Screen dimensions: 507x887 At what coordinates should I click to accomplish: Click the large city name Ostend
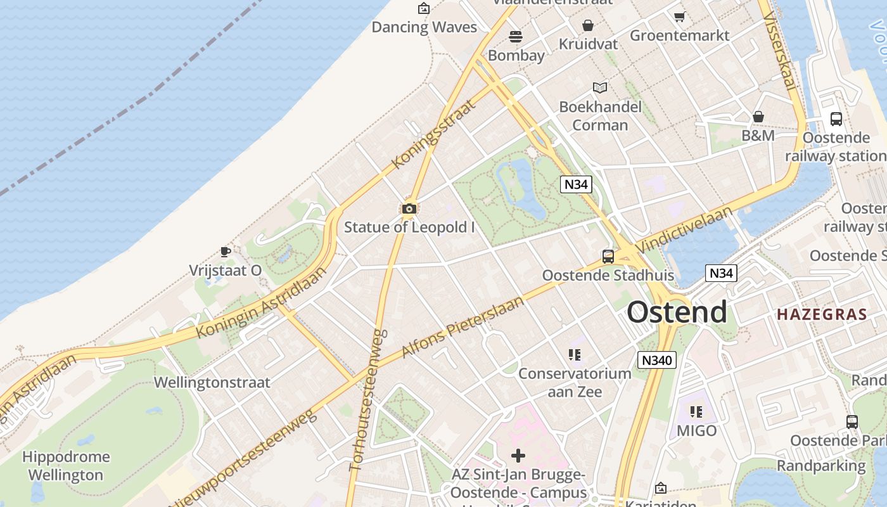(677, 312)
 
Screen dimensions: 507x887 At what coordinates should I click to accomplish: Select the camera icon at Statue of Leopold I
(409, 209)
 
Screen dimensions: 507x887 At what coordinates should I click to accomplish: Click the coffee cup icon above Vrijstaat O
(225, 252)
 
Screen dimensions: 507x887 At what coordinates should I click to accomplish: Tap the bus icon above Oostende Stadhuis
(608, 257)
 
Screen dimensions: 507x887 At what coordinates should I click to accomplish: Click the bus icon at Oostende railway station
(836, 119)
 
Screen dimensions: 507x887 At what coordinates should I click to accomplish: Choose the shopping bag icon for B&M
(758, 117)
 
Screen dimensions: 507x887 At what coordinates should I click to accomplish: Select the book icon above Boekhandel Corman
(600, 87)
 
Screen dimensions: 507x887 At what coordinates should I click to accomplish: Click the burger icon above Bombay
(516, 37)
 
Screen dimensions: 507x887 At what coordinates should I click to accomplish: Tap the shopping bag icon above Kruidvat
(588, 25)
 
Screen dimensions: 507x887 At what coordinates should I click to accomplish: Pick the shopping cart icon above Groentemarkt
(680, 16)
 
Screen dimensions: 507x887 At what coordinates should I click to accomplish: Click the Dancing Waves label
(424, 27)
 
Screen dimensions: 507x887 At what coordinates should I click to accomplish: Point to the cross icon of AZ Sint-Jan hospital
(518, 455)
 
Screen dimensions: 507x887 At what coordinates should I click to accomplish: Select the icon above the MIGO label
(696, 412)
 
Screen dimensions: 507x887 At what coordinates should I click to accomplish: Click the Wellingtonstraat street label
(212, 383)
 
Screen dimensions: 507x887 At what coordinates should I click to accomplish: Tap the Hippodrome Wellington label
(66, 466)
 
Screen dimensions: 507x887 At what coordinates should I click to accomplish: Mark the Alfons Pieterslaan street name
(464, 327)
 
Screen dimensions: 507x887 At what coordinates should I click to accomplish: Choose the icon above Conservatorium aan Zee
(575, 355)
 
